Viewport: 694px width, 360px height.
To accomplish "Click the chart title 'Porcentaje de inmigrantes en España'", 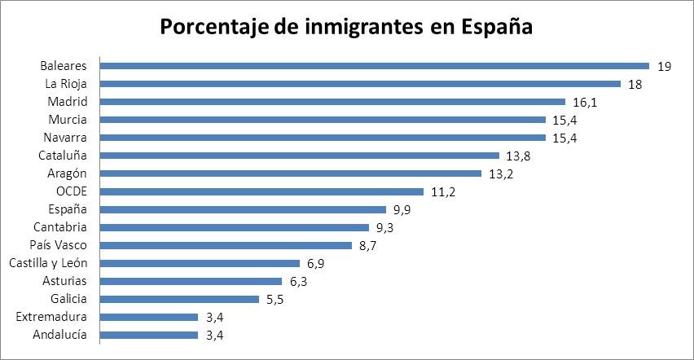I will tap(346, 27).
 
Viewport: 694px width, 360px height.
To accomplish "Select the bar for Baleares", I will tap(374, 66).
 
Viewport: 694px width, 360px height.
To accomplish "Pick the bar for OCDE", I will tap(261, 191).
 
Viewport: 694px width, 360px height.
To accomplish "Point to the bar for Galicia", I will tap(179, 299).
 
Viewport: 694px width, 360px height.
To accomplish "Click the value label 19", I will tap(663, 66).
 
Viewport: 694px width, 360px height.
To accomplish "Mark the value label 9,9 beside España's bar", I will tap(402, 209).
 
